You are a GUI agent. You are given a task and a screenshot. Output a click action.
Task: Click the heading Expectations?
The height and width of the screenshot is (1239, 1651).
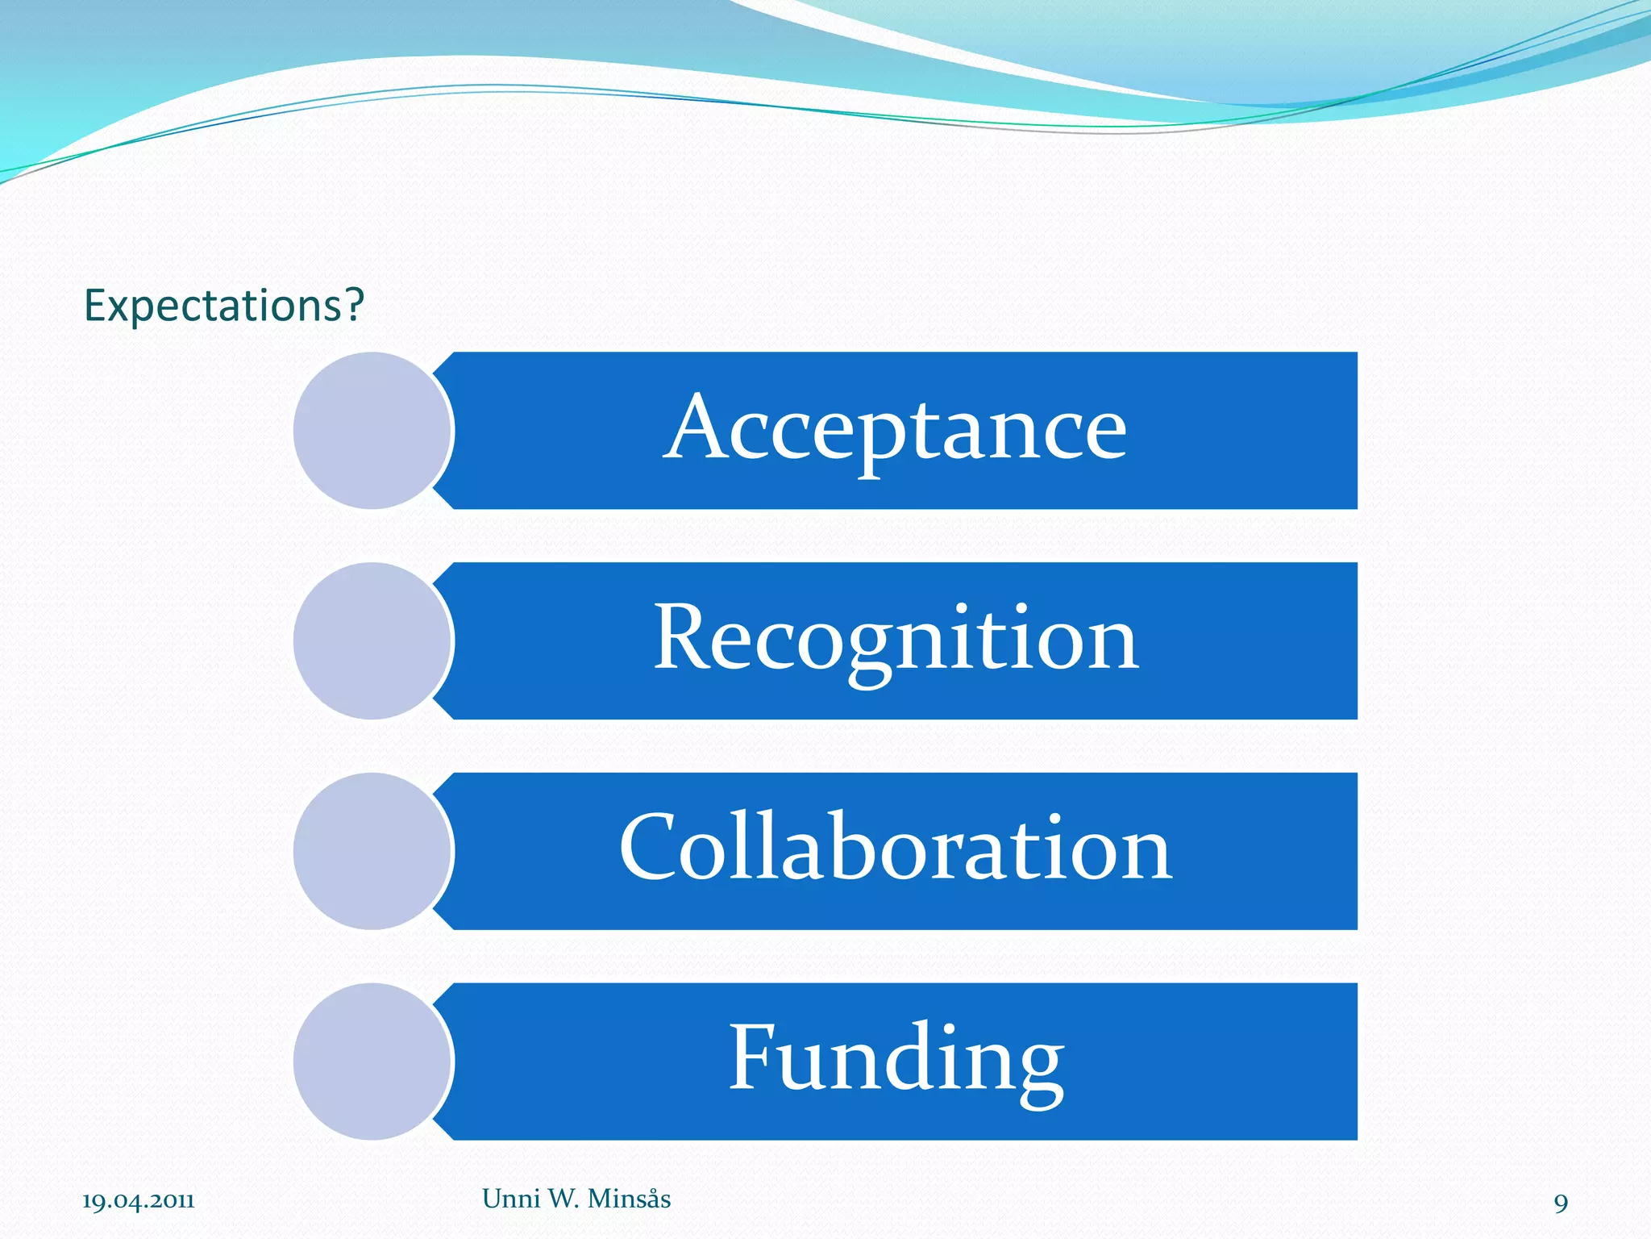(x=224, y=306)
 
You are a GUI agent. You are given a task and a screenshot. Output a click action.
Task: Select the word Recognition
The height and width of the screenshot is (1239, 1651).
(x=896, y=640)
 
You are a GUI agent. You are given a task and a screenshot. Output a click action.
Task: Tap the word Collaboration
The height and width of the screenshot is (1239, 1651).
(x=896, y=849)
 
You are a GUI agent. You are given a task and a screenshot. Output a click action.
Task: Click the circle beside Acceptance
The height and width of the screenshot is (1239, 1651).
(x=372, y=431)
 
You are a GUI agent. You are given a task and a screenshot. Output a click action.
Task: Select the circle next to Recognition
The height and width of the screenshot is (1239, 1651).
(x=372, y=641)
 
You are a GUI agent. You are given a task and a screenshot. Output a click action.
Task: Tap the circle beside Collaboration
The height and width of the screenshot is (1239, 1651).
(x=372, y=851)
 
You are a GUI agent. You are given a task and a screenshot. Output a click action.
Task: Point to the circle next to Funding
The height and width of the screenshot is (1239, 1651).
(x=372, y=1062)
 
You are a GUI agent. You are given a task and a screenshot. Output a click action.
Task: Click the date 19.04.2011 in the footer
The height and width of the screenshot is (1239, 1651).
(x=139, y=1201)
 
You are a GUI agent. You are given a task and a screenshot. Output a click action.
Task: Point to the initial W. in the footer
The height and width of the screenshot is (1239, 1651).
(x=564, y=1199)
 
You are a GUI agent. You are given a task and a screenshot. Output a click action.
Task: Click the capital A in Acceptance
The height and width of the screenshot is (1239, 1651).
(x=696, y=428)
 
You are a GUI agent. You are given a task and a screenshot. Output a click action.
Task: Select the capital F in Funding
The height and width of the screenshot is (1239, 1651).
(x=753, y=1056)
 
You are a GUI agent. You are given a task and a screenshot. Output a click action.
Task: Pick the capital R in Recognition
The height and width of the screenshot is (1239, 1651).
(x=681, y=637)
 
